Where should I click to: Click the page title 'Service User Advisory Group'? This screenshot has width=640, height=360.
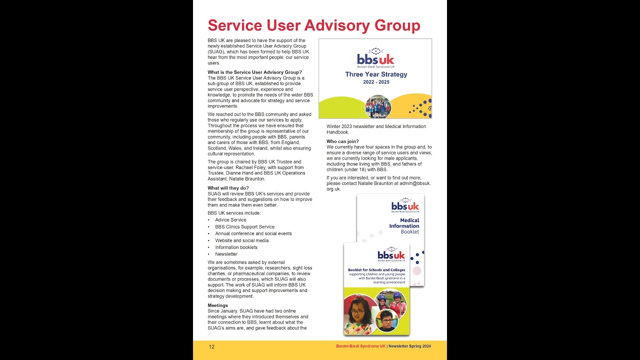(x=313, y=25)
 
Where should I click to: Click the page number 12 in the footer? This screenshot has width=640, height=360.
(x=211, y=346)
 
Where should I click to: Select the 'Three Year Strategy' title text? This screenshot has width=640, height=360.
(x=376, y=74)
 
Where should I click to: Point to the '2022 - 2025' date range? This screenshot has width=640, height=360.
(x=376, y=82)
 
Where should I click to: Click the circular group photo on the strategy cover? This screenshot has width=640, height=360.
(x=378, y=106)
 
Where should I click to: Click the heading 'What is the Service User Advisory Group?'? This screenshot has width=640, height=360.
(x=254, y=72)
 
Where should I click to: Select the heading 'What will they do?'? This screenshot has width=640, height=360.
(x=228, y=188)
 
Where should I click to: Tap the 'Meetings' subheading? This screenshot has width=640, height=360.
(x=217, y=305)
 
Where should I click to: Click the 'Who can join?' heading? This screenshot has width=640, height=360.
(x=342, y=141)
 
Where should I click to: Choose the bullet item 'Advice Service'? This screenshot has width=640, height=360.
(x=230, y=220)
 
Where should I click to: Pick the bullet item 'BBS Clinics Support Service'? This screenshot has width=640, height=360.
(x=244, y=227)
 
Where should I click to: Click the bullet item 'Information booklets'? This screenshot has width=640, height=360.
(x=236, y=247)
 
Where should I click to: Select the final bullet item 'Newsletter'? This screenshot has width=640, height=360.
(x=226, y=254)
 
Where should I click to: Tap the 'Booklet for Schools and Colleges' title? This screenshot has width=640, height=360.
(x=376, y=270)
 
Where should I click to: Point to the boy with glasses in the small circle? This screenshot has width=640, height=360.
(x=386, y=321)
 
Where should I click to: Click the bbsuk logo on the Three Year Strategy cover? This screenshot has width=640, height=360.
(x=375, y=58)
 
